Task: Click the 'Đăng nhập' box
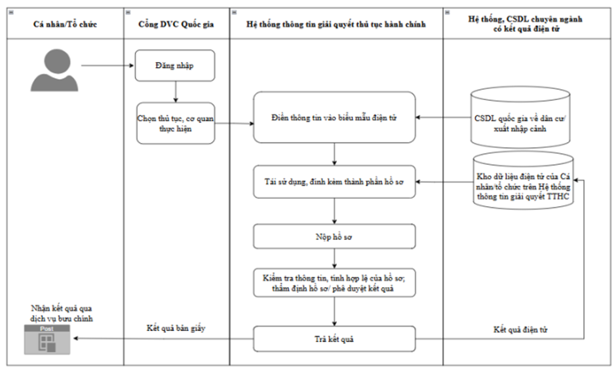coord(175,65)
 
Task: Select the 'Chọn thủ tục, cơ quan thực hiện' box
coord(176,123)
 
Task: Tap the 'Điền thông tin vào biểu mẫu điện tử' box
coord(334,117)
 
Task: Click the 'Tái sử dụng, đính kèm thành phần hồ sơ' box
coord(334,182)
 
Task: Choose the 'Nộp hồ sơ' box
coord(334,237)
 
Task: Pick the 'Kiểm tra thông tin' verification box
coord(334,283)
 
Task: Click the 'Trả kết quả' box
coord(334,339)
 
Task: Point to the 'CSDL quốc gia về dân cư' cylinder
coord(520,117)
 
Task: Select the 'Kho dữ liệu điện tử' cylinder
coord(524,181)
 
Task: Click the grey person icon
coord(54,70)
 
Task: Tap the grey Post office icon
coord(47,339)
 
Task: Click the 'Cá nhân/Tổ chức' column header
coord(66,24)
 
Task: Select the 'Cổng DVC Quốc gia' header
coord(176,24)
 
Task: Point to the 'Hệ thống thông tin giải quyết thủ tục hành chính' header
coord(336,24)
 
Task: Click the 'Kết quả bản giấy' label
coord(176,328)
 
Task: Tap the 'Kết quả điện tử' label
coord(520,330)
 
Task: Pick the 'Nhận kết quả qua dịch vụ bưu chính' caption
coord(62,313)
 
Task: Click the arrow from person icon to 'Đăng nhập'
coord(107,65)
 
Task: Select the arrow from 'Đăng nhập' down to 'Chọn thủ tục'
coord(176,92)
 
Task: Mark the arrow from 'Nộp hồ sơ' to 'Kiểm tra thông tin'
coord(334,259)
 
